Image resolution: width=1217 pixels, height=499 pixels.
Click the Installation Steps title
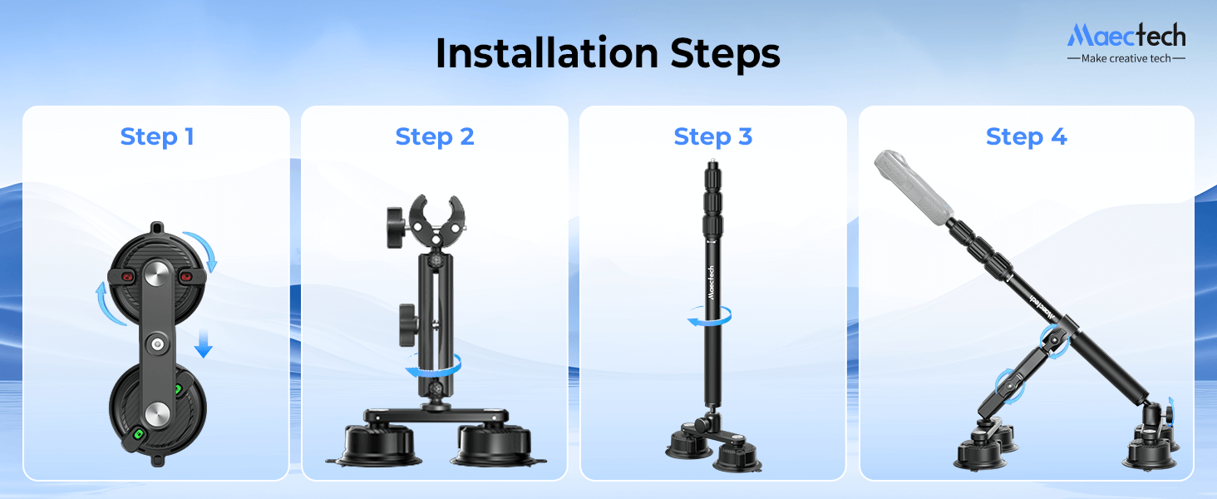[608, 54]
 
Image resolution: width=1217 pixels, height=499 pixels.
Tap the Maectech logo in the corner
[1126, 35]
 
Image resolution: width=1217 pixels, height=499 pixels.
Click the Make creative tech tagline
[1126, 58]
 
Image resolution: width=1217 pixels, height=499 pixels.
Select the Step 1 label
[157, 136]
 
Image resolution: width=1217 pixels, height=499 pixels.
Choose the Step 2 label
[435, 136]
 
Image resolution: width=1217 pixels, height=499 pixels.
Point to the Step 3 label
[713, 136]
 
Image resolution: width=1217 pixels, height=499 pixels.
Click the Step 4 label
[1026, 136]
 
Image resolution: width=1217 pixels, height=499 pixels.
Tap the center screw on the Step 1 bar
[157, 343]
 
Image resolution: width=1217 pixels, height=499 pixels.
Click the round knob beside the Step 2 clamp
[398, 222]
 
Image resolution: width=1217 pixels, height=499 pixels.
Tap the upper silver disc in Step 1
[157, 274]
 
